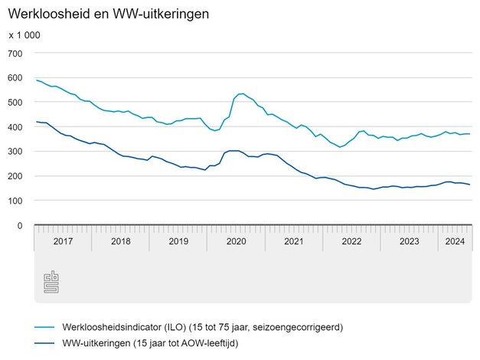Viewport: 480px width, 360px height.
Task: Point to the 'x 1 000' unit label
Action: pos(24,35)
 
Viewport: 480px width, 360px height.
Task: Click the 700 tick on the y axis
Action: pos(15,53)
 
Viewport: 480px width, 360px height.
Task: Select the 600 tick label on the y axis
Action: pos(15,77)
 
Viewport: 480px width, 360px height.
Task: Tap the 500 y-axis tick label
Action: pos(15,102)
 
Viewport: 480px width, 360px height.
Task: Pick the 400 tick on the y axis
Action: pos(15,127)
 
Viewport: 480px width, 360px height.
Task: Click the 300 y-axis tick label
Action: pos(15,152)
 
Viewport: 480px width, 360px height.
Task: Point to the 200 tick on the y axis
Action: pos(15,176)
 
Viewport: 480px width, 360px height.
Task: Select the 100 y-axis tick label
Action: pos(15,201)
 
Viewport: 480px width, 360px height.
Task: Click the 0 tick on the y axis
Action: pos(21,226)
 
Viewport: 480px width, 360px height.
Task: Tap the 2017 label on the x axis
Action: pos(63,241)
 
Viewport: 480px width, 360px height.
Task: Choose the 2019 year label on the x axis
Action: pos(178,241)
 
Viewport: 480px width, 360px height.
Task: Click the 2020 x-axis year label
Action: pos(236,241)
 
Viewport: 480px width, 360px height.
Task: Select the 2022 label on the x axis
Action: pos(351,241)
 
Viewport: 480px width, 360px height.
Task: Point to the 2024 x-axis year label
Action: pos(455,241)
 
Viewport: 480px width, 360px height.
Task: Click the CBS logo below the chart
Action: pos(52,282)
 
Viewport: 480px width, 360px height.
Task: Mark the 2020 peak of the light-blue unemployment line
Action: pos(241,93)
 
